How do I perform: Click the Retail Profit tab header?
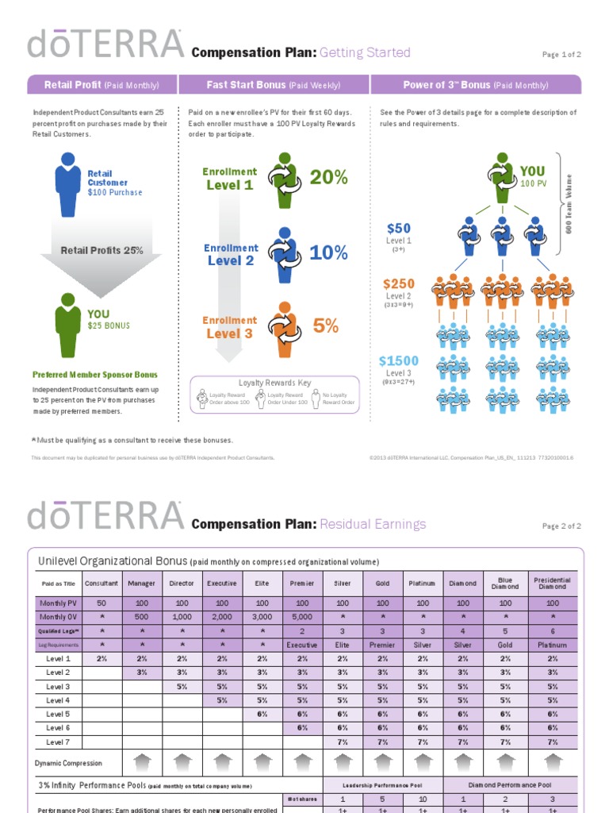(x=101, y=85)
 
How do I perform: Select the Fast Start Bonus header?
(x=274, y=85)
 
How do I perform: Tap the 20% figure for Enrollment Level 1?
(x=328, y=178)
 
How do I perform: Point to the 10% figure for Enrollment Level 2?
(x=328, y=252)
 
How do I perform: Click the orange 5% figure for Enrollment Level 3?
(x=325, y=325)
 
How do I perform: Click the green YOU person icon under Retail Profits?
(x=68, y=324)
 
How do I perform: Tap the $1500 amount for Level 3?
(x=398, y=361)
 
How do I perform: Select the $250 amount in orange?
(x=398, y=283)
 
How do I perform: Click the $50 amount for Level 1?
(x=398, y=229)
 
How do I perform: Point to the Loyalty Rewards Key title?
(x=274, y=383)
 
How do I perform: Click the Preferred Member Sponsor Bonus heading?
(x=94, y=374)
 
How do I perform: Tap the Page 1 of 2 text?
(x=561, y=55)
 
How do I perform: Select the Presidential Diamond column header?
(x=553, y=584)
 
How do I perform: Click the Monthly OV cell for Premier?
(x=302, y=617)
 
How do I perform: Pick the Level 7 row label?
(x=58, y=742)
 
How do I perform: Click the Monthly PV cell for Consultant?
(x=101, y=603)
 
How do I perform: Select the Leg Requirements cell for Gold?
(x=383, y=645)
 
